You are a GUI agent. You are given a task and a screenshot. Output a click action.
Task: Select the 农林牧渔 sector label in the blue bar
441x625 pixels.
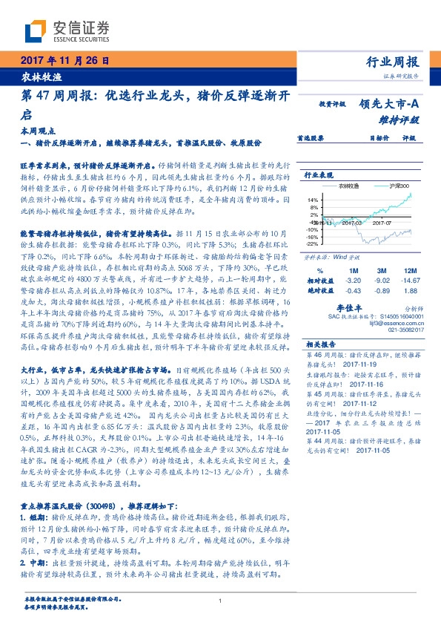[x=36, y=76]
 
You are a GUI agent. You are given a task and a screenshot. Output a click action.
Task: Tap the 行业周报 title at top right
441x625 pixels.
[x=393, y=62]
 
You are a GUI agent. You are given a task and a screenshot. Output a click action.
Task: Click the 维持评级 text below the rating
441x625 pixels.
[x=405, y=119]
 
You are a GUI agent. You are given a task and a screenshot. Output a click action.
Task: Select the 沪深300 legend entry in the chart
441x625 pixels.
[x=400, y=186]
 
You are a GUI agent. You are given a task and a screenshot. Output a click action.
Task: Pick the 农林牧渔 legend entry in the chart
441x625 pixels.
[x=361, y=186]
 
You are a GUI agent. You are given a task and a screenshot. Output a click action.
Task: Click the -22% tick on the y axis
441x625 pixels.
[x=312, y=243]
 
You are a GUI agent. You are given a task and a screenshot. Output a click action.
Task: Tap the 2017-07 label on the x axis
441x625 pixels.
[x=382, y=221]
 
